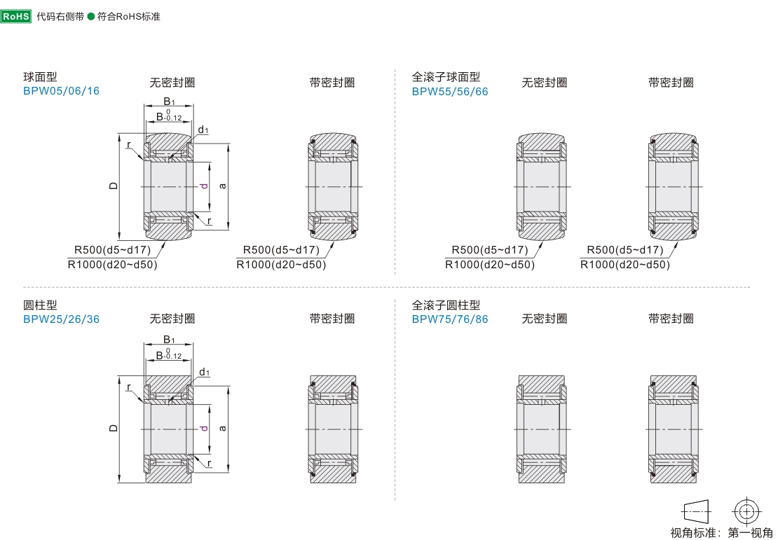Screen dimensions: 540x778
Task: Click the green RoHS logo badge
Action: pos(16,16)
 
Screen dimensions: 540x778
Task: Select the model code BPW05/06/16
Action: pos(61,91)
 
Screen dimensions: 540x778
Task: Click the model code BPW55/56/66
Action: pos(450,91)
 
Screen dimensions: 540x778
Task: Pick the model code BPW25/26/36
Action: pos(61,319)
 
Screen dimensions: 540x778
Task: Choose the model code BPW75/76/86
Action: pos(450,319)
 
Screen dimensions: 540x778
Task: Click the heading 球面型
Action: pos(40,77)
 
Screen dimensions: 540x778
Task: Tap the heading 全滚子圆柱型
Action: pos(446,305)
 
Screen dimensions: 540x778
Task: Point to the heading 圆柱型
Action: pos(40,305)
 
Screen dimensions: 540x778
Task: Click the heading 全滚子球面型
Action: pos(446,77)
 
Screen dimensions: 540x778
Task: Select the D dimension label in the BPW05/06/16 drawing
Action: pos(113,186)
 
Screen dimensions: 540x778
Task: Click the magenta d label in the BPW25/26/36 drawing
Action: pos(204,428)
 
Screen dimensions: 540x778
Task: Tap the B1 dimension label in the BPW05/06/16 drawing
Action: pos(169,102)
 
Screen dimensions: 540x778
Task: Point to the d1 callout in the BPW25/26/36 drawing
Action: pos(205,373)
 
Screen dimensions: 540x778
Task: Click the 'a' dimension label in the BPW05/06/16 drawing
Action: pos(223,186)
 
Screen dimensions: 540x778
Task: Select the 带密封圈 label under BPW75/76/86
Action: pos(671,319)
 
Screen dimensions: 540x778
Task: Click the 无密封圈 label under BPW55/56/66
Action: pos(544,83)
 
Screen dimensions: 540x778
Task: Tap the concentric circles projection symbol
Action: pos(746,510)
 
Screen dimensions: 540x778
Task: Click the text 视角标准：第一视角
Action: pos(721,532)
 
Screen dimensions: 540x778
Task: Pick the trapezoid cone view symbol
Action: pos(696,510)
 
